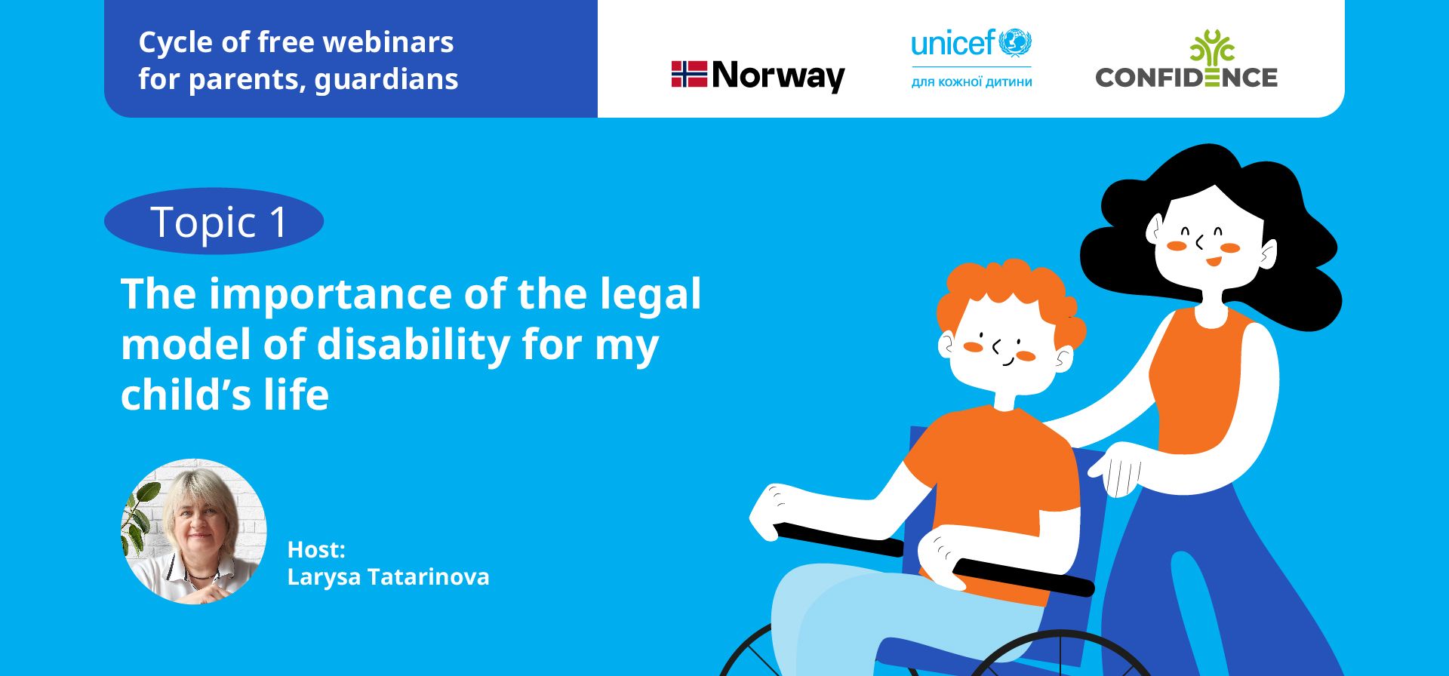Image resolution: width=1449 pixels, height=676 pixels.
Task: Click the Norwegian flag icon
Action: click(689, 75)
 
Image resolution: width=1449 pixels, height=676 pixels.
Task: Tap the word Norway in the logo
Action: click(778, 75)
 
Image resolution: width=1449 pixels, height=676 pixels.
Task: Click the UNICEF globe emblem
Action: click(1015, 43)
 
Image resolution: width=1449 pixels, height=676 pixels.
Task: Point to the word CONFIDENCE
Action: click(1186, 78)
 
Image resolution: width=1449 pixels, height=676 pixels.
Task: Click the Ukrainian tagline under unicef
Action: click(971, 81)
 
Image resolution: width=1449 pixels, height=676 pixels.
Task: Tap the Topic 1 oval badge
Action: click(214, 221)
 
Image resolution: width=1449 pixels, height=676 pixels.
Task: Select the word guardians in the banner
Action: click(386, 80)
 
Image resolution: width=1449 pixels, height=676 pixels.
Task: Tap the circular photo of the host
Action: click(194, 531)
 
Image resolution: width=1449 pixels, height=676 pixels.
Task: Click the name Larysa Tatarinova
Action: click(388, 577)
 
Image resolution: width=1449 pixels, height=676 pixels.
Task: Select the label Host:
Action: click(316, 549)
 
